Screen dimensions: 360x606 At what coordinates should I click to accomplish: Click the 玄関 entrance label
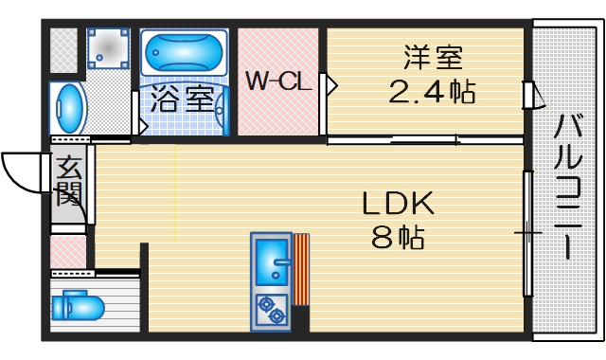pyautogui.click(x=69, y=182)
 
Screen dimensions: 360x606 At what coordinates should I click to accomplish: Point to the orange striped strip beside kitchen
pyautogui.click(x=301, y=269)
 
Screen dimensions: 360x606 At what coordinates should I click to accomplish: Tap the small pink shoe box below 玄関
pyautogui.click(x=68, y=252)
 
